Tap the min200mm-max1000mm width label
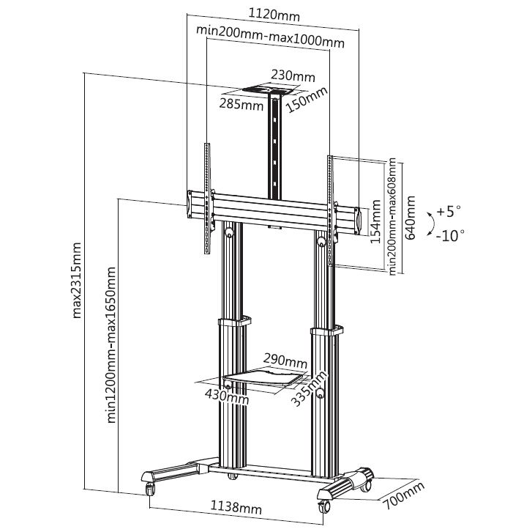[271, 37]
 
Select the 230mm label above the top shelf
[293, 75]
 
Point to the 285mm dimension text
[241, 104]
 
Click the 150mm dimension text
[307, 100]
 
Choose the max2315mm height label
[77, 280]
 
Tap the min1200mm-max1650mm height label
[111, 345]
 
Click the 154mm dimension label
[375, 221]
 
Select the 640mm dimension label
[411, 218]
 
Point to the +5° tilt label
[449, 211]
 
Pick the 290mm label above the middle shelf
[285, 361]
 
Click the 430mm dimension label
[227, 396]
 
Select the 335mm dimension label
[310, 388]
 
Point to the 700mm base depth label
[404, 495]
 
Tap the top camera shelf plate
[269, 91]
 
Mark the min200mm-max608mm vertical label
[392, 216]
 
